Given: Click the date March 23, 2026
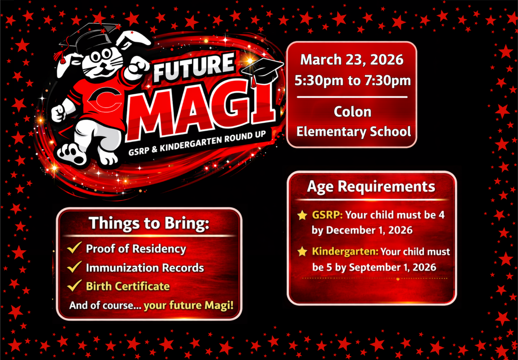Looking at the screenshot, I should pos(352,60).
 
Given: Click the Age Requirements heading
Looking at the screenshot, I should pos(371,186).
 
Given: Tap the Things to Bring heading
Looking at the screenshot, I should pos(149,224).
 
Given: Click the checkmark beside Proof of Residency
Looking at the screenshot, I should pos(75,248).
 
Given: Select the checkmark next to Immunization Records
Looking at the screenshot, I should pos(75,267).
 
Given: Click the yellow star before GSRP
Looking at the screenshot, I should pos(302,215).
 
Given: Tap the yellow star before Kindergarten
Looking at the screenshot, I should pos(302,252).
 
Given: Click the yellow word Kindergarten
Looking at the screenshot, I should pos(344,252).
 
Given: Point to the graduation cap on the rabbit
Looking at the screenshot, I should pos(82,38).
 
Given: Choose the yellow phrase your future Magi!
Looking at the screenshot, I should pos(189,305).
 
